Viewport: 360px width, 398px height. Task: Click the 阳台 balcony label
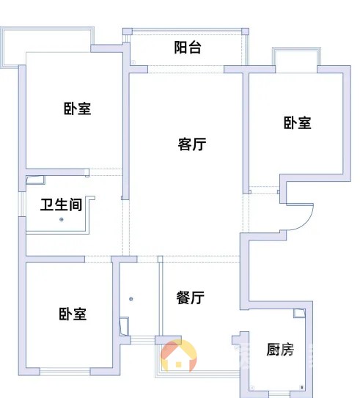(x=188, y=48)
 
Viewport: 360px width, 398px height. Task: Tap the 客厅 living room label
(x=191, y=144)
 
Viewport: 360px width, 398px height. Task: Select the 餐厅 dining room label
(x=191, y=298)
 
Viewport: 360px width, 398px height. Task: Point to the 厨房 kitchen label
(x=280, y=350)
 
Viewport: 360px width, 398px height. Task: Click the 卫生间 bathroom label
(x=62, y=204)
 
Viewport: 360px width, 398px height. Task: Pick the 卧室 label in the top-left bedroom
(x=77, y=108)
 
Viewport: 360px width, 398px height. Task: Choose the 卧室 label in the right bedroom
(x=297, y=123)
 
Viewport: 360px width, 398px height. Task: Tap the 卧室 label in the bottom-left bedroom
(x=73, y=314)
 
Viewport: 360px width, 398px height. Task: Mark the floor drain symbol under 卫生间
(x=62, y=220)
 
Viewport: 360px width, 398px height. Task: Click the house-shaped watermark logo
(x=179, y=356)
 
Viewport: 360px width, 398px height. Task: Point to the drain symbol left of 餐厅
(x=131, y=299)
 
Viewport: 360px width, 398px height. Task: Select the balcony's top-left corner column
(x=128, y=32)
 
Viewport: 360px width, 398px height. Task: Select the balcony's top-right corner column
(x=245, y=32)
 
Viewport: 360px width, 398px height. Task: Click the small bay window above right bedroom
(x=296, y=57)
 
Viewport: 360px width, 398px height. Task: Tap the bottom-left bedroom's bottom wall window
(x=65, y=372)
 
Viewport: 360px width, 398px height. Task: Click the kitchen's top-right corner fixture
(x=300, y=313)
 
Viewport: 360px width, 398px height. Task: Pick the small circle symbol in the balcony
(x=133, y=62)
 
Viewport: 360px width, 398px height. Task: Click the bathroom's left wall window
(x=22, y=204)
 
